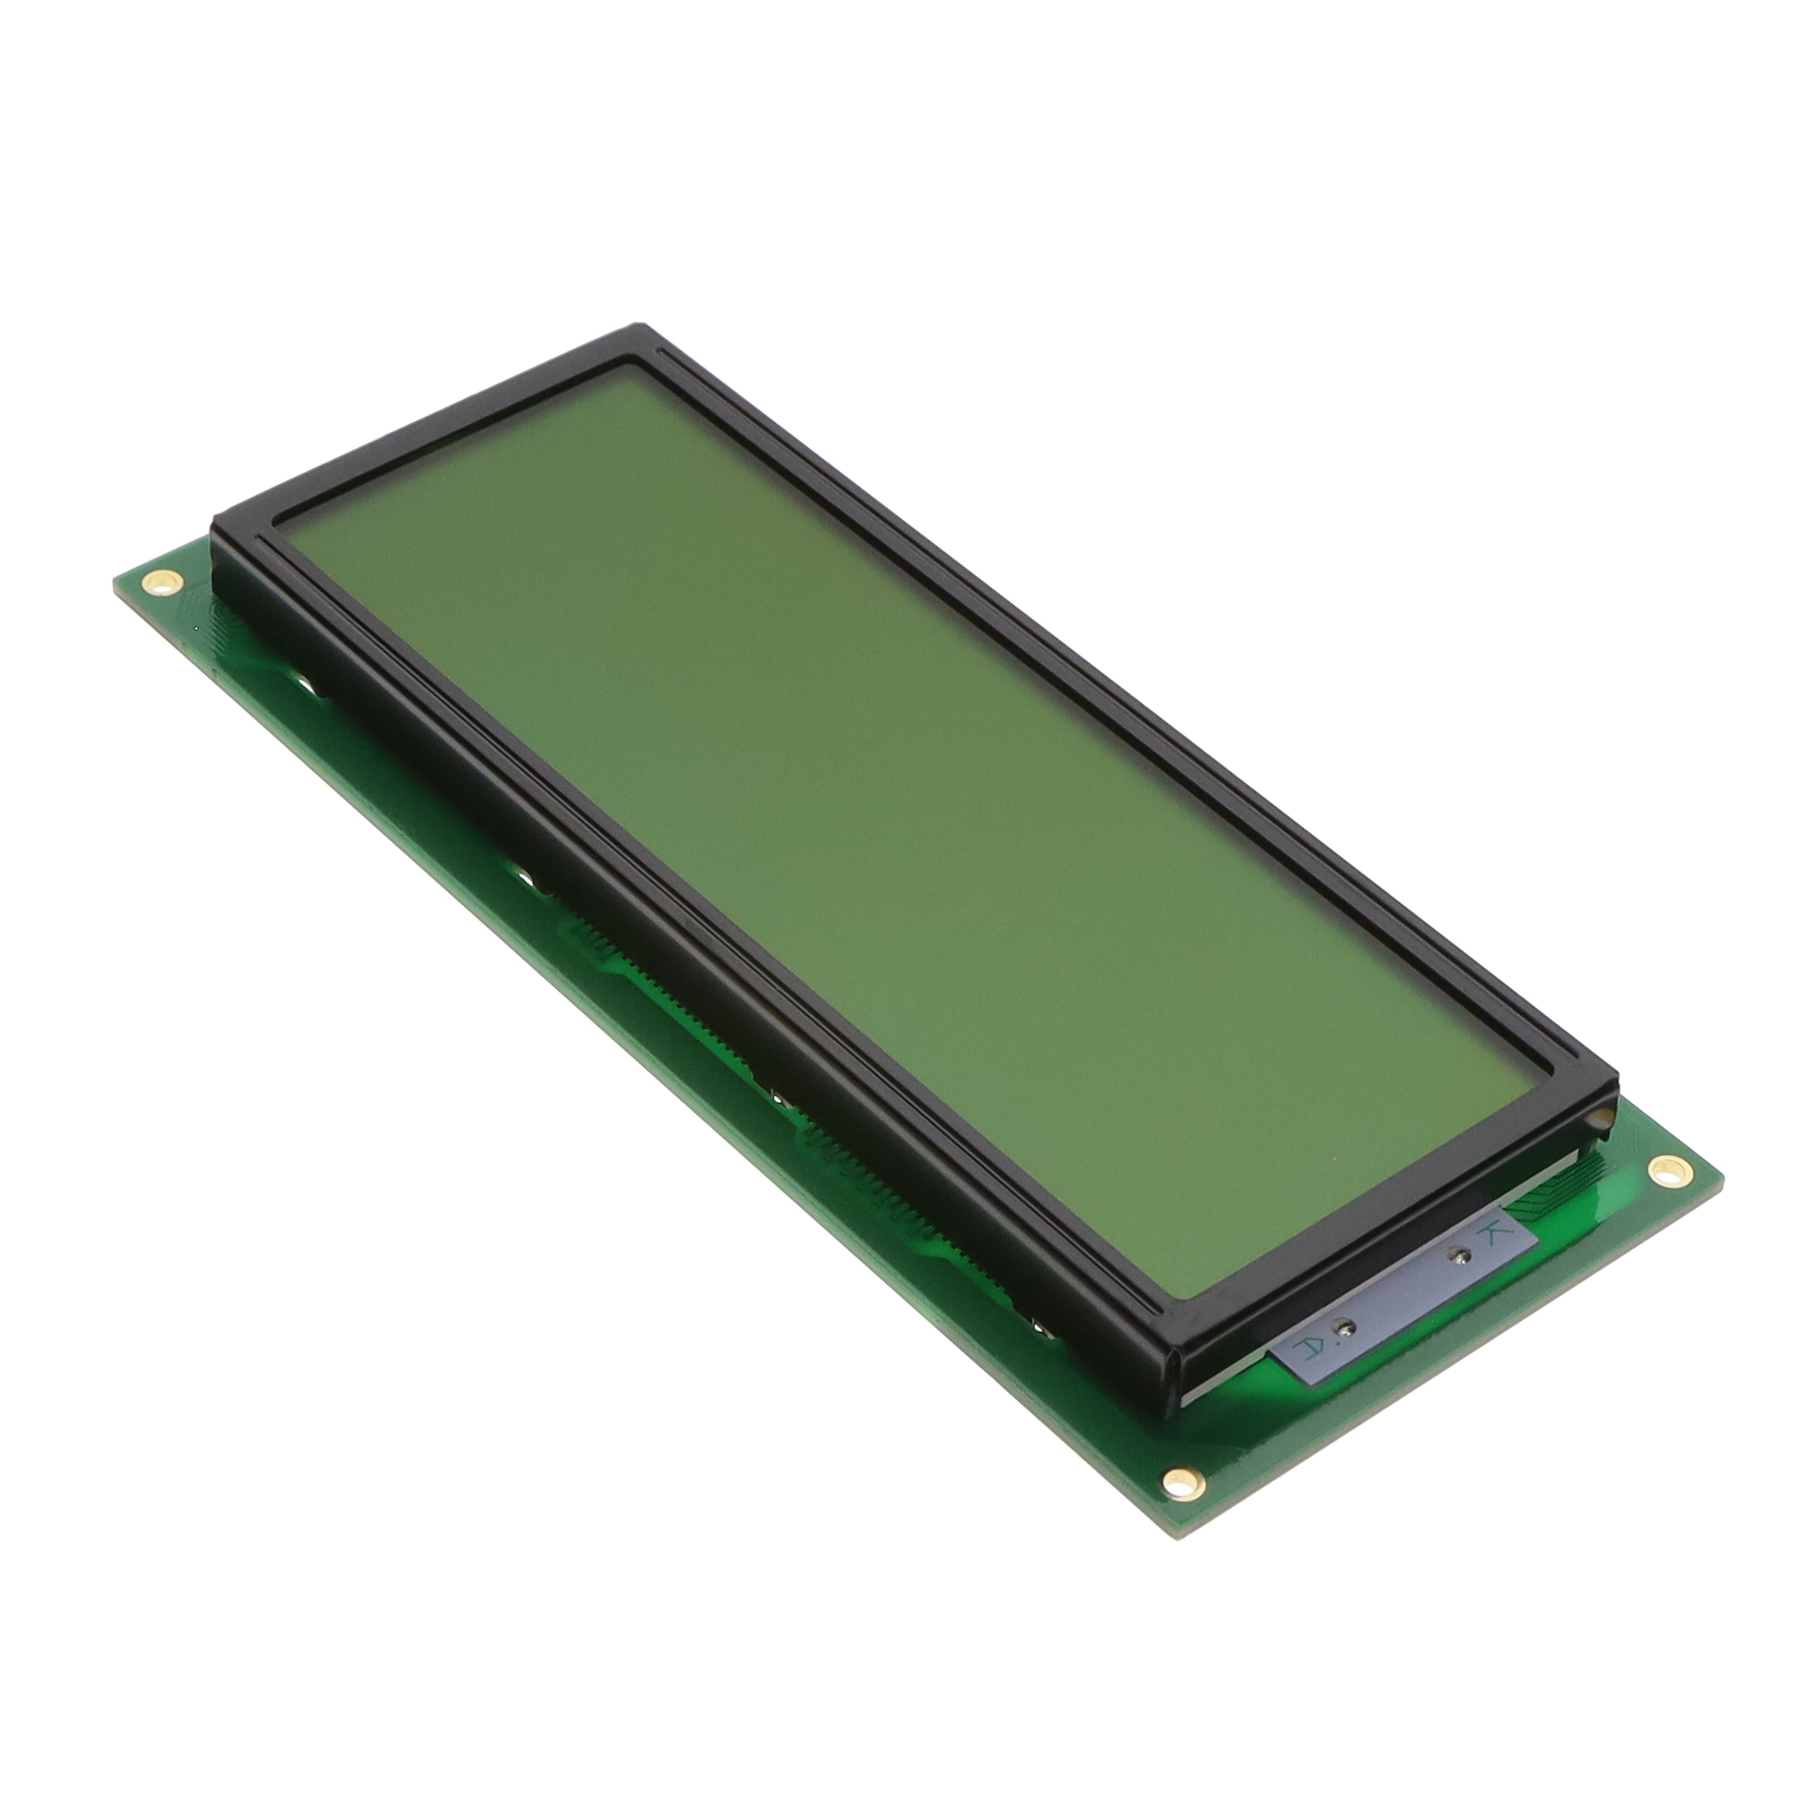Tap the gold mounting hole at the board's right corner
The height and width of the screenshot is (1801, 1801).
[x=1662, y=1169]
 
